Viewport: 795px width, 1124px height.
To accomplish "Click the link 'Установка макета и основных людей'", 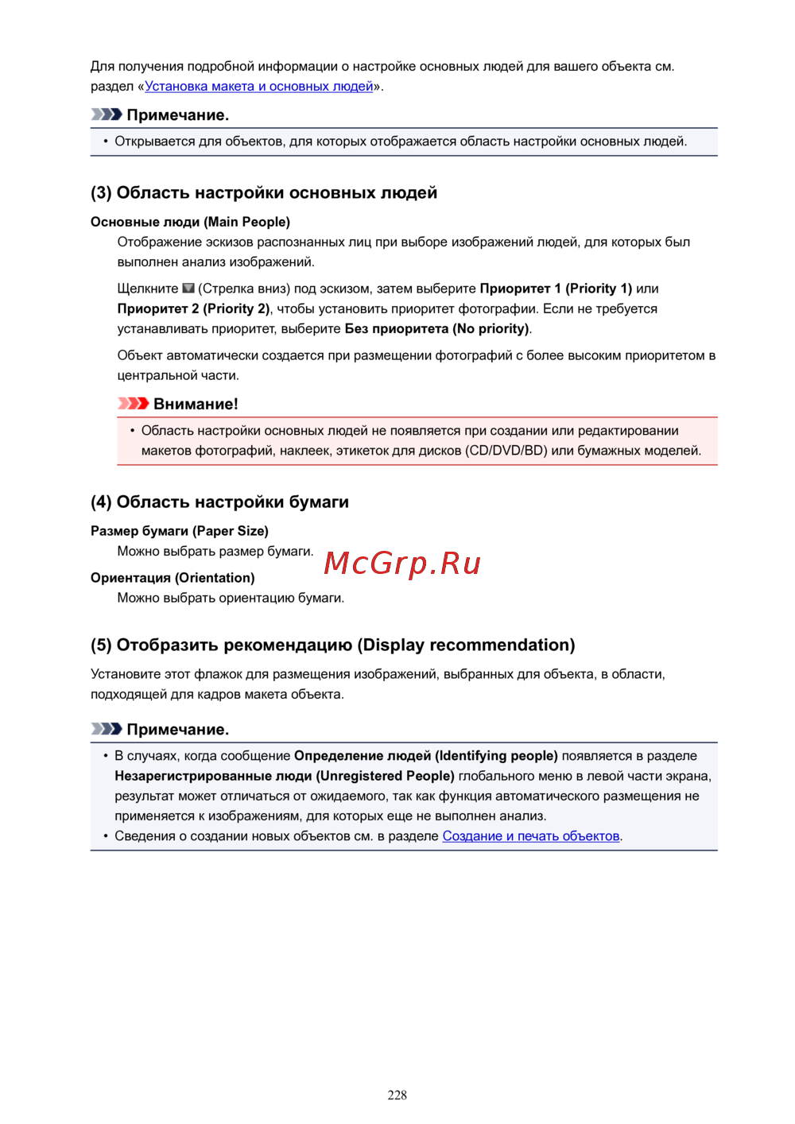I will coord(258,87).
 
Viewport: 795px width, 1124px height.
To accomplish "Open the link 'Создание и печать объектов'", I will coord(530,836).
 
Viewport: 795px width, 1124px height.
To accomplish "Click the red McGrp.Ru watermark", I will coord(402,564).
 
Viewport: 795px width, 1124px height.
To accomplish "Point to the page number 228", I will coord(397,1095).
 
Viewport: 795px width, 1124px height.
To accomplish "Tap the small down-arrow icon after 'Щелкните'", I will coord(188,289).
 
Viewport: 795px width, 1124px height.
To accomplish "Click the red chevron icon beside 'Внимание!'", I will coord(133,404).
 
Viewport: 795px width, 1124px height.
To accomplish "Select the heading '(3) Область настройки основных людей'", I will coord(264,193).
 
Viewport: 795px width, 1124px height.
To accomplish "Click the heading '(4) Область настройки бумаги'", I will coord(219,502).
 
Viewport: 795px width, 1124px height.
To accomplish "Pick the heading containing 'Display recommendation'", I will coord(332,645).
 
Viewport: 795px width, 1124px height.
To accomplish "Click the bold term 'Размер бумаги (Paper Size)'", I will coord(180,531).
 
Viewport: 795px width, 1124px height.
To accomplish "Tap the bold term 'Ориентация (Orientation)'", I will coord(173,578).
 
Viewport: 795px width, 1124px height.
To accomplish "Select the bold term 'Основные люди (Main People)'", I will coord(190,222).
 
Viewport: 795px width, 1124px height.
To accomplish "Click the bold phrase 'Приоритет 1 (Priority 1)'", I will coord(556,289).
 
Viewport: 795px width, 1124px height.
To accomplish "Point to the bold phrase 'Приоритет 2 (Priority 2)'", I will coord(193,308).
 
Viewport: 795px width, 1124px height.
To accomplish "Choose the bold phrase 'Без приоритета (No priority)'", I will coord(436,328).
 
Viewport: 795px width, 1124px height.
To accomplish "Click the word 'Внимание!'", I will coord(196,404).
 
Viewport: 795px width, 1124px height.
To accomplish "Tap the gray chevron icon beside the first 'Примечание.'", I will coord(106,114).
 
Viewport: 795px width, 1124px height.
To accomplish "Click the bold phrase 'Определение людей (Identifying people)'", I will coord(425,756).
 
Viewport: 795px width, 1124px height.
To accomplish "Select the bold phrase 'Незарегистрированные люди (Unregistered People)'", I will coord(284,776).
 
